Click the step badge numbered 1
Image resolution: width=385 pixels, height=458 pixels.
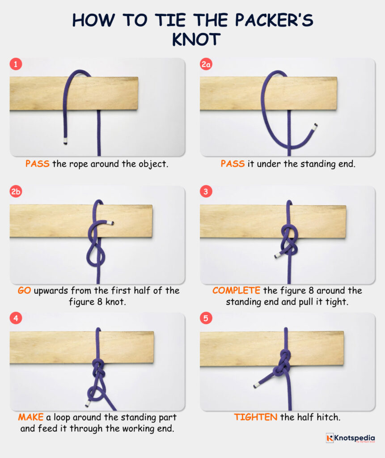[16, 64]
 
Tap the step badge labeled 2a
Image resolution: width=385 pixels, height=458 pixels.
[206, 64]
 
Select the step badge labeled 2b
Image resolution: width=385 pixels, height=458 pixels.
[16, 192]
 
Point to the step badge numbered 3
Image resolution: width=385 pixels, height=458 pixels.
[206, 192]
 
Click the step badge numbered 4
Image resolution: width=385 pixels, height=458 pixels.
[16, 318]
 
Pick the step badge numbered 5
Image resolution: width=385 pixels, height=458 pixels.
[206, 318]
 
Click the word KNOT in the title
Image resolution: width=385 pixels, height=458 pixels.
[192, 39]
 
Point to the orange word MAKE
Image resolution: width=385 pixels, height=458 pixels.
[30, 417]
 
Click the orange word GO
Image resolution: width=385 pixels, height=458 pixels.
[24, 291]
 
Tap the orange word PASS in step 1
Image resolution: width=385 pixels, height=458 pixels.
[37, 164]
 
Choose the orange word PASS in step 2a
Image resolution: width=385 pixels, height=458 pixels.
[233, 164]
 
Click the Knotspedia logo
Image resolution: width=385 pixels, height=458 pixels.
[350, 438]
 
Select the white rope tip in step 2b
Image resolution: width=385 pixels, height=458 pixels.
[111, 223]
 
